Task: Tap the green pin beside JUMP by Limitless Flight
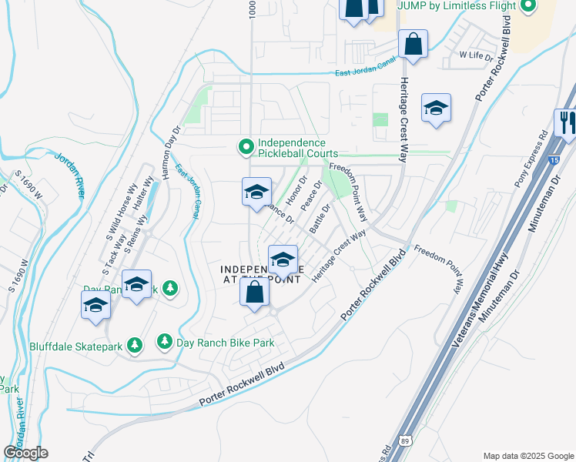(527, 7)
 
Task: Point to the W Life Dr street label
(476, 55)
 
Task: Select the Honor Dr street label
(296, 192)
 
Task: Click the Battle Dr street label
(320, 219)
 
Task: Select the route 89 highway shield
(405, 441)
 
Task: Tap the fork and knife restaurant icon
(566, 122)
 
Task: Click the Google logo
(25, 453)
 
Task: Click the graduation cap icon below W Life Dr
(436, 108)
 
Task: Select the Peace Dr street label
(310, 197)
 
